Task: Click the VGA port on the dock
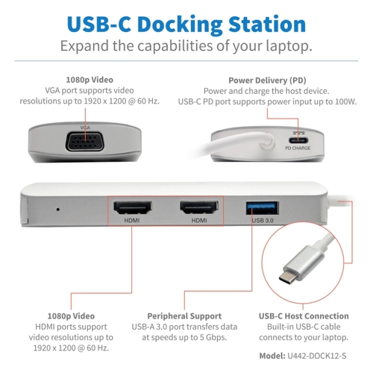(84, 142)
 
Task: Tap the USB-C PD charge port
(298, 140)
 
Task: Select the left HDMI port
(133, 207)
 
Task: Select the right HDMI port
(199, 207)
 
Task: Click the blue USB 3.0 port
(263, 208)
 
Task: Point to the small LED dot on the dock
(58, 210)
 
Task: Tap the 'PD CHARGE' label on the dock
(298, 148)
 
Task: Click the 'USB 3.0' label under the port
(263, 221)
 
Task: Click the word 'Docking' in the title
(180, 25)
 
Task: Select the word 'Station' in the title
(267, 25)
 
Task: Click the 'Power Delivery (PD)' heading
(267, 81)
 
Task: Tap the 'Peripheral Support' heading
(184, 316)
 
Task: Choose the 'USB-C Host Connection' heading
(304, 316)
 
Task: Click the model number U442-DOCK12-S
(317, 356)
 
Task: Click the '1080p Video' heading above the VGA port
(90, 80)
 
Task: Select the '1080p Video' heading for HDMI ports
(71, 316)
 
